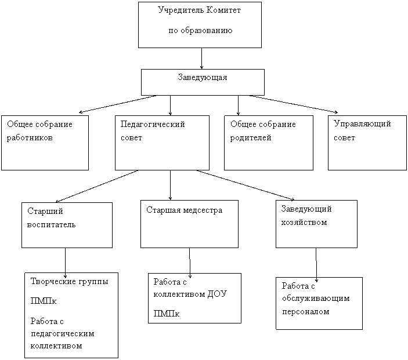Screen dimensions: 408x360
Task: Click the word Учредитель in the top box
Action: (x=181, y=10)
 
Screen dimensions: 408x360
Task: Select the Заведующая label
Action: (x=203, y=78)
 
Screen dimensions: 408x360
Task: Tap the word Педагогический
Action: (x=153, y=124)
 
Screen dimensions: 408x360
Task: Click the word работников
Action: (x=30, y=138)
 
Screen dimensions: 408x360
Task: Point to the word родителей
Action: (x=251, y=138)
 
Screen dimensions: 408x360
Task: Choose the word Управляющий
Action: (x=362, y=123)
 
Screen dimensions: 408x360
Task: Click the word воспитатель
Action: (x=51, y=224)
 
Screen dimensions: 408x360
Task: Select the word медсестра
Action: (x=203, y=210)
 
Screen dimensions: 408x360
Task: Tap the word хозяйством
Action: (x=304, y=223)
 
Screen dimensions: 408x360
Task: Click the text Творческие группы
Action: (x=69, y=282)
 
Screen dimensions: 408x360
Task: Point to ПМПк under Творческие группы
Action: (x=43, y=301)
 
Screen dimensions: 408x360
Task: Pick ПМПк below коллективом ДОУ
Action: (x=166, y=314)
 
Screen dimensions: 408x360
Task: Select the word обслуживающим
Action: (x=316, y=299)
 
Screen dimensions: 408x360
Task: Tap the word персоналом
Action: (x=306, y=312)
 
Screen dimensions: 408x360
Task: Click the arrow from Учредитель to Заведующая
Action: (x=201, y=59)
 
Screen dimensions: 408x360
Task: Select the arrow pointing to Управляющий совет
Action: (x=294, y=104)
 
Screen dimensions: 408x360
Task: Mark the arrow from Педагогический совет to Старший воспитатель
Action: (x=97, y=186)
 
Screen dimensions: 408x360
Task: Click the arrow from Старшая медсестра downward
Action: (x=190, y=263)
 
